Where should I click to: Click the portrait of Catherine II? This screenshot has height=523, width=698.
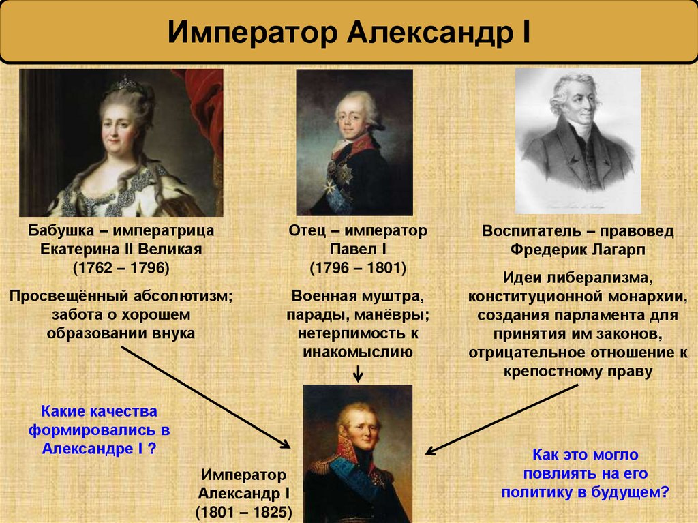pos(121,143)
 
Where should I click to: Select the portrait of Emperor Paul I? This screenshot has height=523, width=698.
pos(354,143)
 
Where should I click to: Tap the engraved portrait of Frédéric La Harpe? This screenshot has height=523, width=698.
pos(577,140)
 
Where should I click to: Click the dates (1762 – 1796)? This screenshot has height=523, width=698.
pos(121,267)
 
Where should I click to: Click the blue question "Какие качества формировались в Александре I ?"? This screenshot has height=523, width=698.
pos(100,430)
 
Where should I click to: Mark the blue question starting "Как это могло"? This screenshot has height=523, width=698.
pos(586,473)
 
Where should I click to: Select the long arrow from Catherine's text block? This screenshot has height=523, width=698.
pos(204,396)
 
